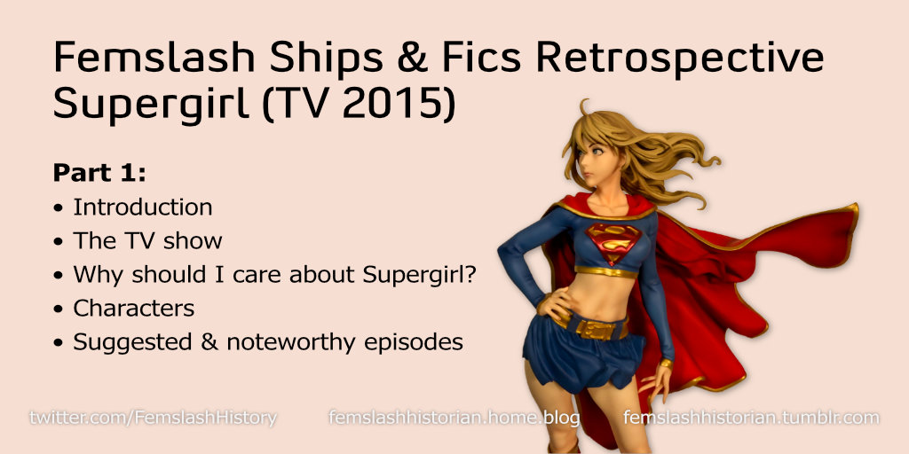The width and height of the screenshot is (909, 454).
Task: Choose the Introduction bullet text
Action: click(142, 207)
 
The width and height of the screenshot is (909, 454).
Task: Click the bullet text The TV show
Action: click(147, 241)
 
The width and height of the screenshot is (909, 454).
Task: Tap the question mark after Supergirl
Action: click(470, 275)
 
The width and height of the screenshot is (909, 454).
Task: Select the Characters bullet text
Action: click(133, 309)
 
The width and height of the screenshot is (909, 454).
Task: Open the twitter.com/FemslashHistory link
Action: click(153, 417)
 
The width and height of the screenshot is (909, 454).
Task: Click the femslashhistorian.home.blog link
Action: click(454, 417)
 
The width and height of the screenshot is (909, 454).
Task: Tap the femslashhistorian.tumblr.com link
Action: click(751, 417)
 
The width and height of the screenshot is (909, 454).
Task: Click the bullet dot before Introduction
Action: click(59, 208)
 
